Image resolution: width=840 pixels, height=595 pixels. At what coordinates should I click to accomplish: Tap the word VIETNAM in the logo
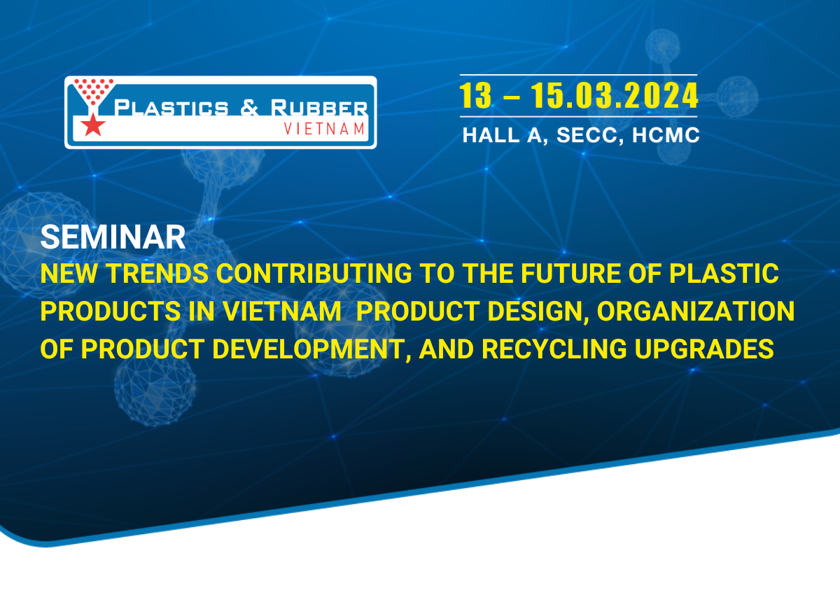325,128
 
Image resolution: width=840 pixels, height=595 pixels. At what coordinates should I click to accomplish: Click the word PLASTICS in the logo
171,108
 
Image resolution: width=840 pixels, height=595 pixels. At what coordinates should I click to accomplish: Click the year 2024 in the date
662,96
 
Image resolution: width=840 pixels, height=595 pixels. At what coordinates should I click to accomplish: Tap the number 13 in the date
476,96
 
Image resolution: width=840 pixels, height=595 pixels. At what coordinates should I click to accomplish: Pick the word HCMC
666,135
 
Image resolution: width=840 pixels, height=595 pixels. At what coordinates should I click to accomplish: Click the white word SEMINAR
113,238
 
